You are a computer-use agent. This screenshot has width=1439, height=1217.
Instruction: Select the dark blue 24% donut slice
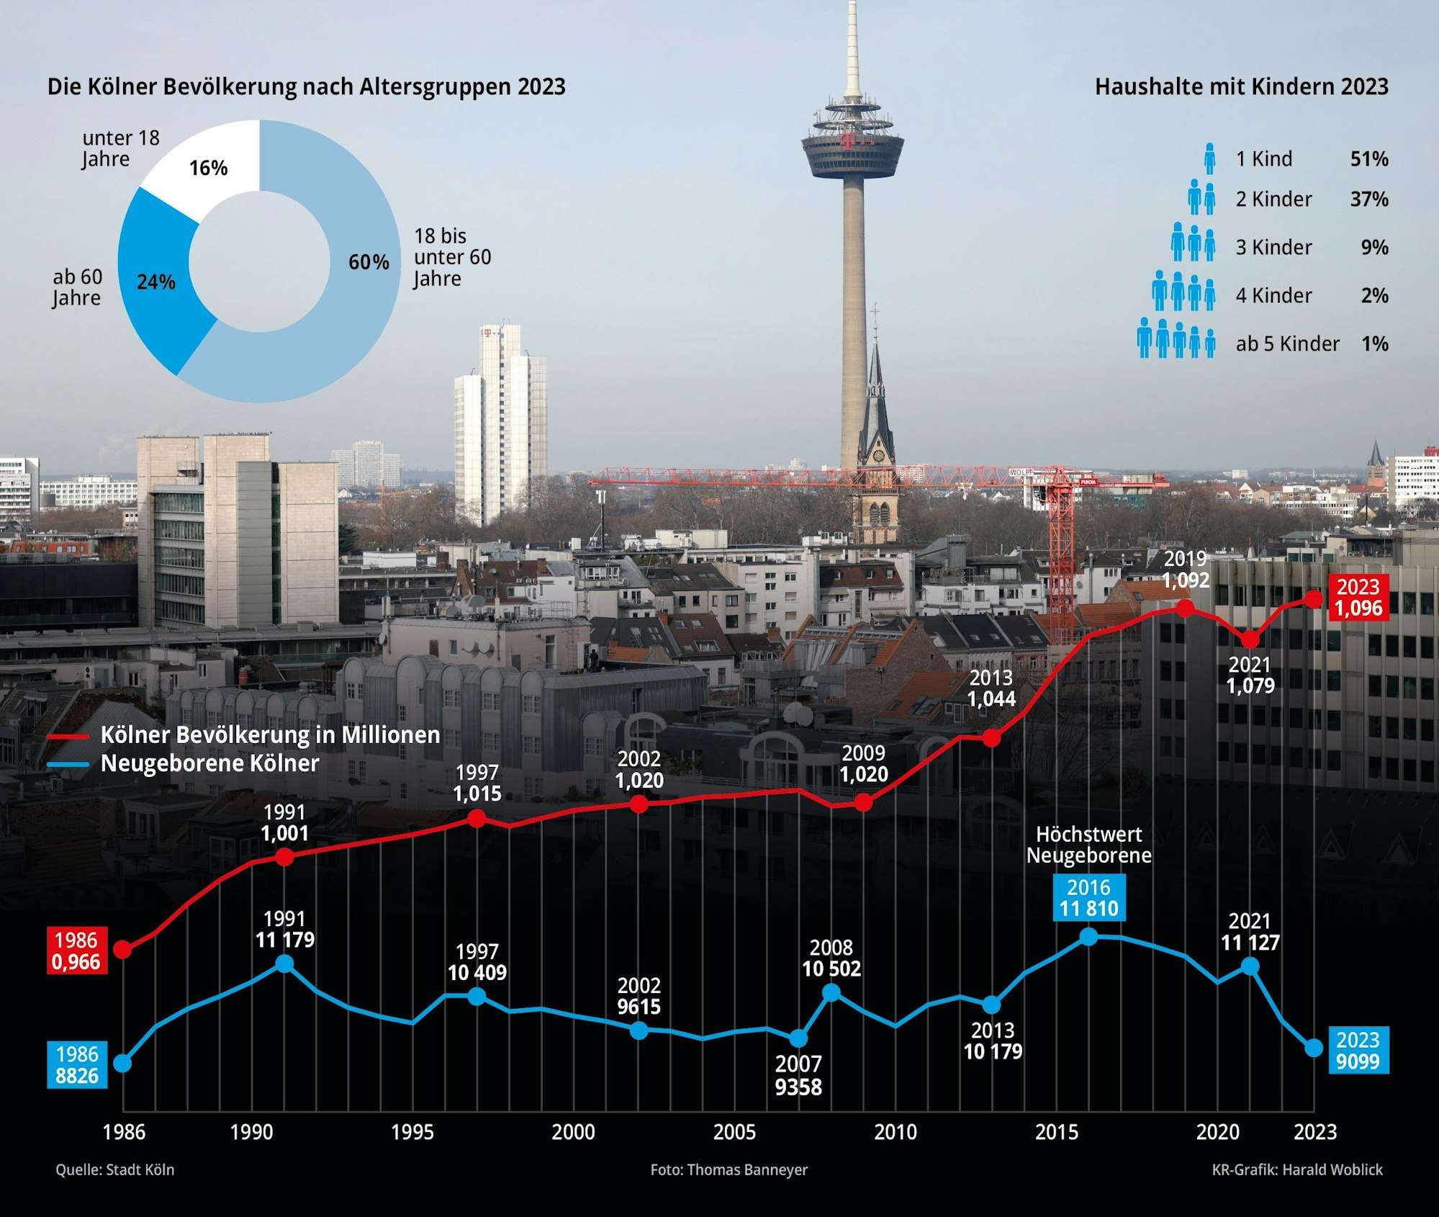coord(155,281)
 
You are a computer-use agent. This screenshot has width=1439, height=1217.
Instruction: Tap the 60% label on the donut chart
coord(369,262)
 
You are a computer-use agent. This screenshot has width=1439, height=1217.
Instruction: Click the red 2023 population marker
coord(1314,598)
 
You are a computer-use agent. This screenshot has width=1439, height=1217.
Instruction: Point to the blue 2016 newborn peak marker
coord(1089,936)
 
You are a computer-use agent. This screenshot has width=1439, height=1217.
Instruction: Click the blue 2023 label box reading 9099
coord(1358,1051)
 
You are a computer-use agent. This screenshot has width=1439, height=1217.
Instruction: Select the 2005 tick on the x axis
coord(734,1132)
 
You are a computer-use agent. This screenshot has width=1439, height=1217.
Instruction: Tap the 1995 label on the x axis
coord(412,1132)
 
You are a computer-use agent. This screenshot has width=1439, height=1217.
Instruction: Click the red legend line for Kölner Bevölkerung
coord(68,737)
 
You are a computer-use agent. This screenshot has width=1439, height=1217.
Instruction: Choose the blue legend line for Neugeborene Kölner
coord(68,764)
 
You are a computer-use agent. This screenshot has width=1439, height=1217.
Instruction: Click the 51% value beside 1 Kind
coord(1368,158)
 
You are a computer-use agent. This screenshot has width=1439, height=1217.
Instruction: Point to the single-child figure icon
coord(1209,158)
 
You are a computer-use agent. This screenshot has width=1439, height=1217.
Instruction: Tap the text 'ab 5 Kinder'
coord(1287,343)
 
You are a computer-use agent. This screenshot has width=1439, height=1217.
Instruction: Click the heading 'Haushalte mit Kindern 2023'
coord(1241,86)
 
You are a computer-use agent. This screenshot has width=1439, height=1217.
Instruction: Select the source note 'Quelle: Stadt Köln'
coord(115,1169)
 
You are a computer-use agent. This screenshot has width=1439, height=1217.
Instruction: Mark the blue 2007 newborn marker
coord(798,1038)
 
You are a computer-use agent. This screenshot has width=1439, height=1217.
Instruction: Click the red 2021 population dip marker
coord(1250,639)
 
